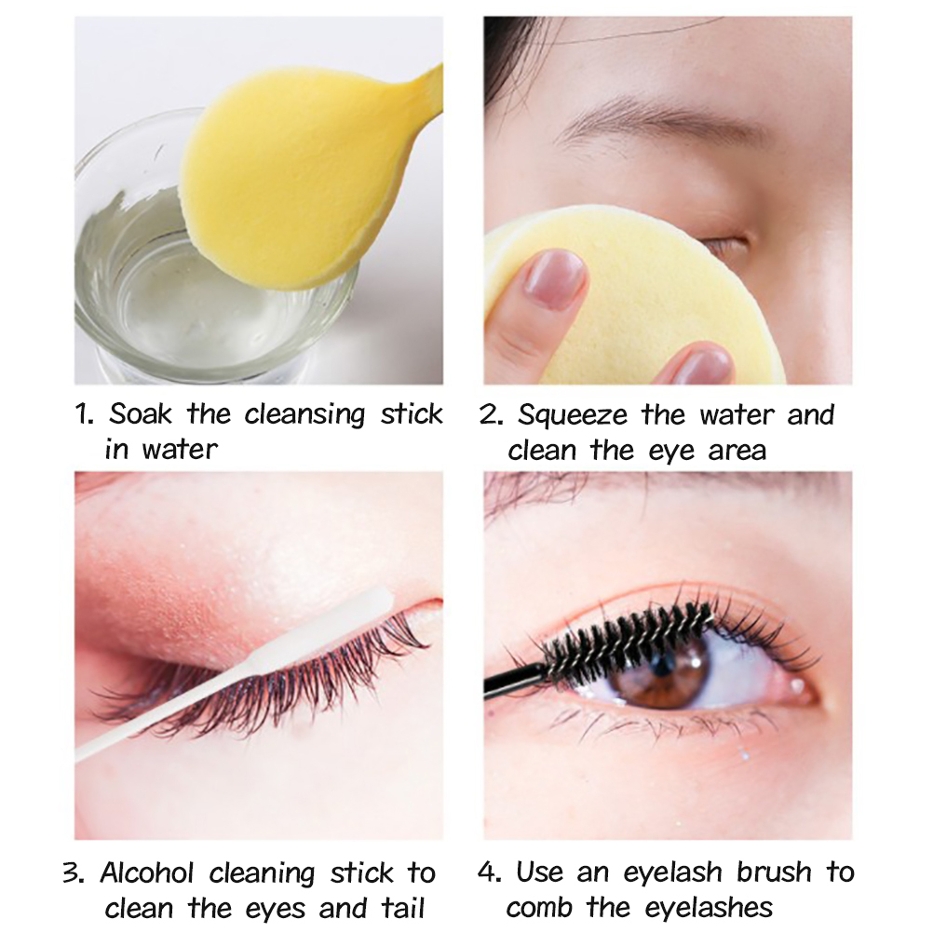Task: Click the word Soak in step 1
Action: point(141,412)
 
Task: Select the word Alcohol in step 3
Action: point(147,872)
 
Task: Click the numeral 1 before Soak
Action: point(83,414)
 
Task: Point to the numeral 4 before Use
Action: point(491,872)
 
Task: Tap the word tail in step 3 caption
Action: point(403,908)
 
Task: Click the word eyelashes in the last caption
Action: point(709,909)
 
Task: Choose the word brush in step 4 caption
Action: point(774,872)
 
